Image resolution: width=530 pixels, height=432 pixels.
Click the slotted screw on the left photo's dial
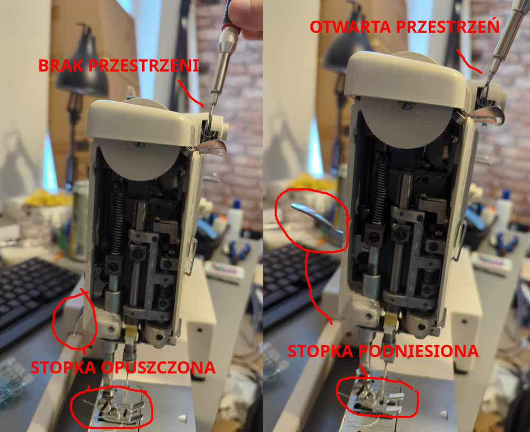139,145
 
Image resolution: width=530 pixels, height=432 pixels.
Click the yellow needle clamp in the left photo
131,333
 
